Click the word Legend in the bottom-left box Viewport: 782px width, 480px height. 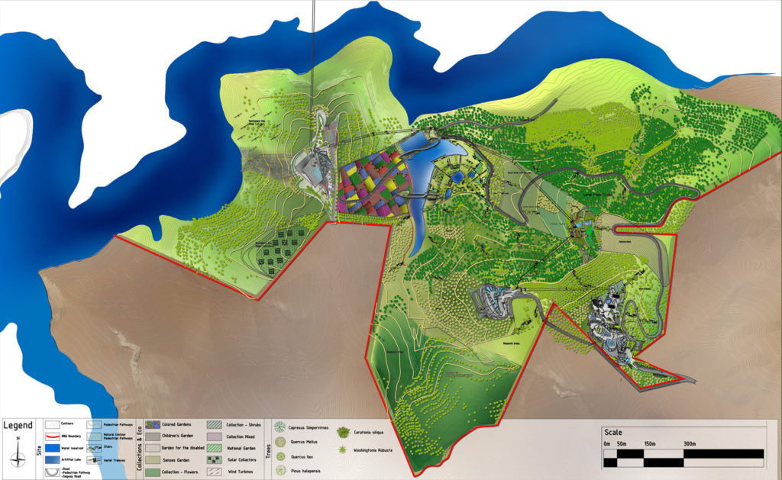[18, 425]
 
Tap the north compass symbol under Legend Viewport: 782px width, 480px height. [18, 456]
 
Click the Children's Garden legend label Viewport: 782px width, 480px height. [180, 436]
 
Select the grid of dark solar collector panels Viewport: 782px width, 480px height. [286, 248]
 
